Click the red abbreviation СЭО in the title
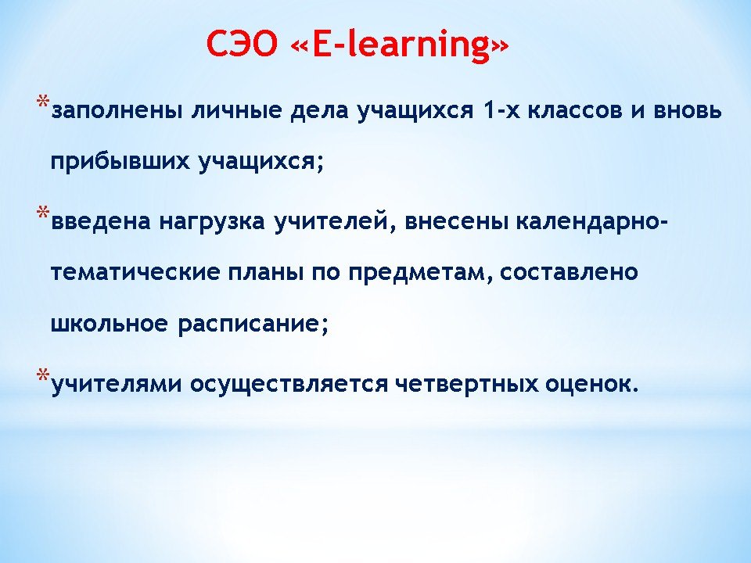[x=242, y=44]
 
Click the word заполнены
[x=117, y=110]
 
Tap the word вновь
[x=688, y=110]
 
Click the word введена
[x=101, y=221]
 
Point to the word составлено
[x=569, y=273]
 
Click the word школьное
[x=110, y=324]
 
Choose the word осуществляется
[x=289, y=385]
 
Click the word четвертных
[x=467, y=385]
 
